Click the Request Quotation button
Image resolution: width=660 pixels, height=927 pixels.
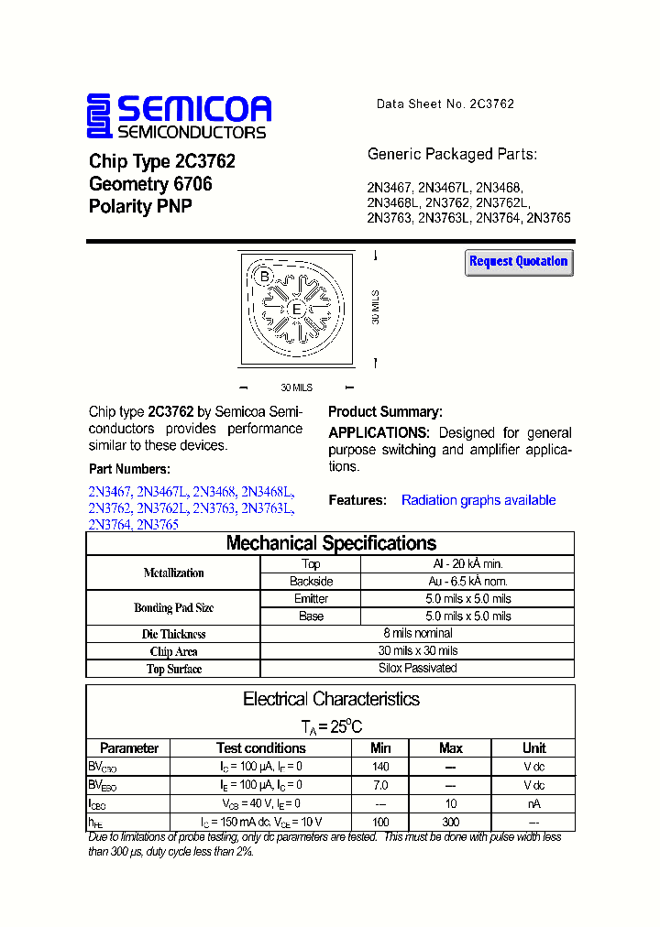519,262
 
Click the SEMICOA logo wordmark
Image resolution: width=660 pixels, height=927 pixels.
193,109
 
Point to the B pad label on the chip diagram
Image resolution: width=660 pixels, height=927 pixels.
264,277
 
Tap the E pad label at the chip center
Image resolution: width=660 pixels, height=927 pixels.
296,310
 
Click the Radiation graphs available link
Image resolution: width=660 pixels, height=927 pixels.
478,500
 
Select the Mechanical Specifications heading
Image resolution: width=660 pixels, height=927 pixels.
331,543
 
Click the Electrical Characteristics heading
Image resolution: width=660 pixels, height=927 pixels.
331,699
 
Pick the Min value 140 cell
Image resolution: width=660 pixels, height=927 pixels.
380,767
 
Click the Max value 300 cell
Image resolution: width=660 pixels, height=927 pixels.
450,822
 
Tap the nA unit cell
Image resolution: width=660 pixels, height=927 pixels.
534,803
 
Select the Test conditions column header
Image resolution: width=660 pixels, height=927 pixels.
260,748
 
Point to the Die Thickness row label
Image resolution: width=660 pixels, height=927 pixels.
174,634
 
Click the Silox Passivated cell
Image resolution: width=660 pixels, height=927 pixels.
418,669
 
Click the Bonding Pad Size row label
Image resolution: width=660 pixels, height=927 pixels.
174,607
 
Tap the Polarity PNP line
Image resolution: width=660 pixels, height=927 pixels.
140,207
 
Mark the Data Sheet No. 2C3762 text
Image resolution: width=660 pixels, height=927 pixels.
445,104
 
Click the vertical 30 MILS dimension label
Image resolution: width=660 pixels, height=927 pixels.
376,307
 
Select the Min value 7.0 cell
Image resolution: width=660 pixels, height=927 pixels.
380,785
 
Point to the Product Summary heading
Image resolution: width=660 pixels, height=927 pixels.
385,412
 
